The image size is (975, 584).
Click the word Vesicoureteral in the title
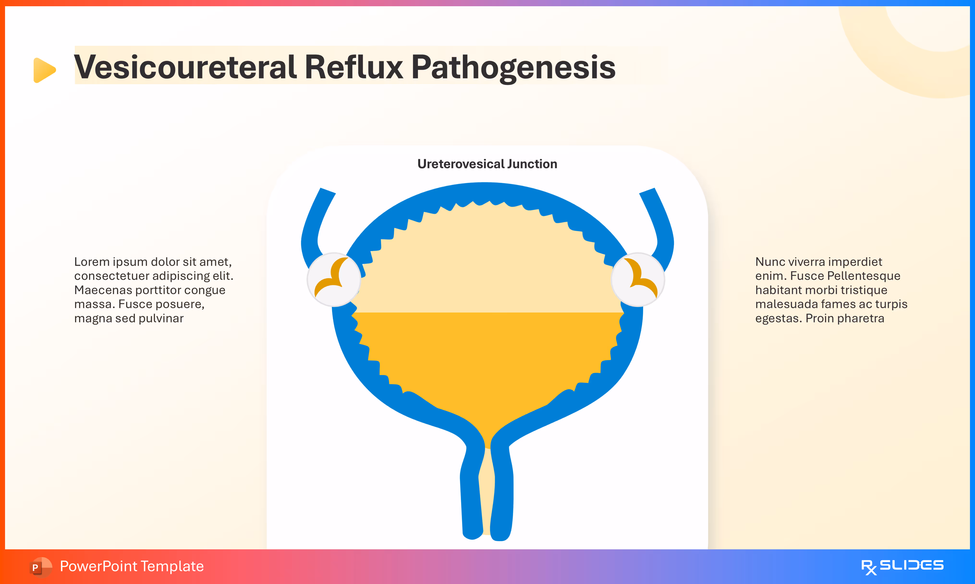(x=184, y=67)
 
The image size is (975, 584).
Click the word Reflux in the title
(x=354, y=67)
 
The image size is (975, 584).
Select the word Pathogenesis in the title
(x=513, y=67)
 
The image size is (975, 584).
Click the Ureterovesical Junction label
(x=487, y=164)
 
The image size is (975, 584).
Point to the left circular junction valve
(x=334, y=280)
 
